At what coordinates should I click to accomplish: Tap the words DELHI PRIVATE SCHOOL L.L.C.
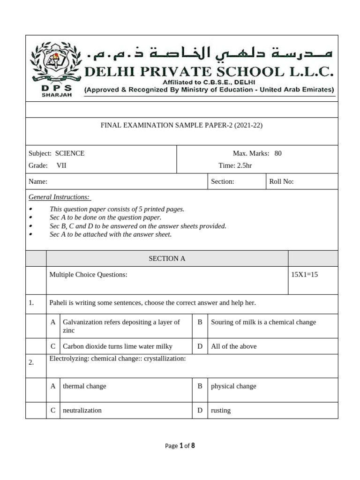[209, 72]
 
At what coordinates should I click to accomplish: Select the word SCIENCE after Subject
[70, 153]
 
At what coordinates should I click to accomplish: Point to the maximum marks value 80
[278, 153]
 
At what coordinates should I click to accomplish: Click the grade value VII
[61, 165]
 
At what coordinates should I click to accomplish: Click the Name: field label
[38, 181]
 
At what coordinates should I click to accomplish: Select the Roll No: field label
[281, 181]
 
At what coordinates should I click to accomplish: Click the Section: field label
[223, 181]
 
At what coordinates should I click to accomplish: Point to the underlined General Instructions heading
[59, 197]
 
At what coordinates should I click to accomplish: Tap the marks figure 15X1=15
[305, 275]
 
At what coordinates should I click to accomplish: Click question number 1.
[31, 303]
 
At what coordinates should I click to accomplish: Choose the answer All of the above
[234, 346]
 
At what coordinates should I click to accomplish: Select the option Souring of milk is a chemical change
[263, 322]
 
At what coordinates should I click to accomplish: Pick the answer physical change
[233, 386]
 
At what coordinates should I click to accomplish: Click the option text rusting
[221, 410]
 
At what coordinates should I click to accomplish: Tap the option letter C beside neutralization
[53, 410]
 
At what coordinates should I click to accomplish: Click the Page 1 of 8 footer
[180, 446]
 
